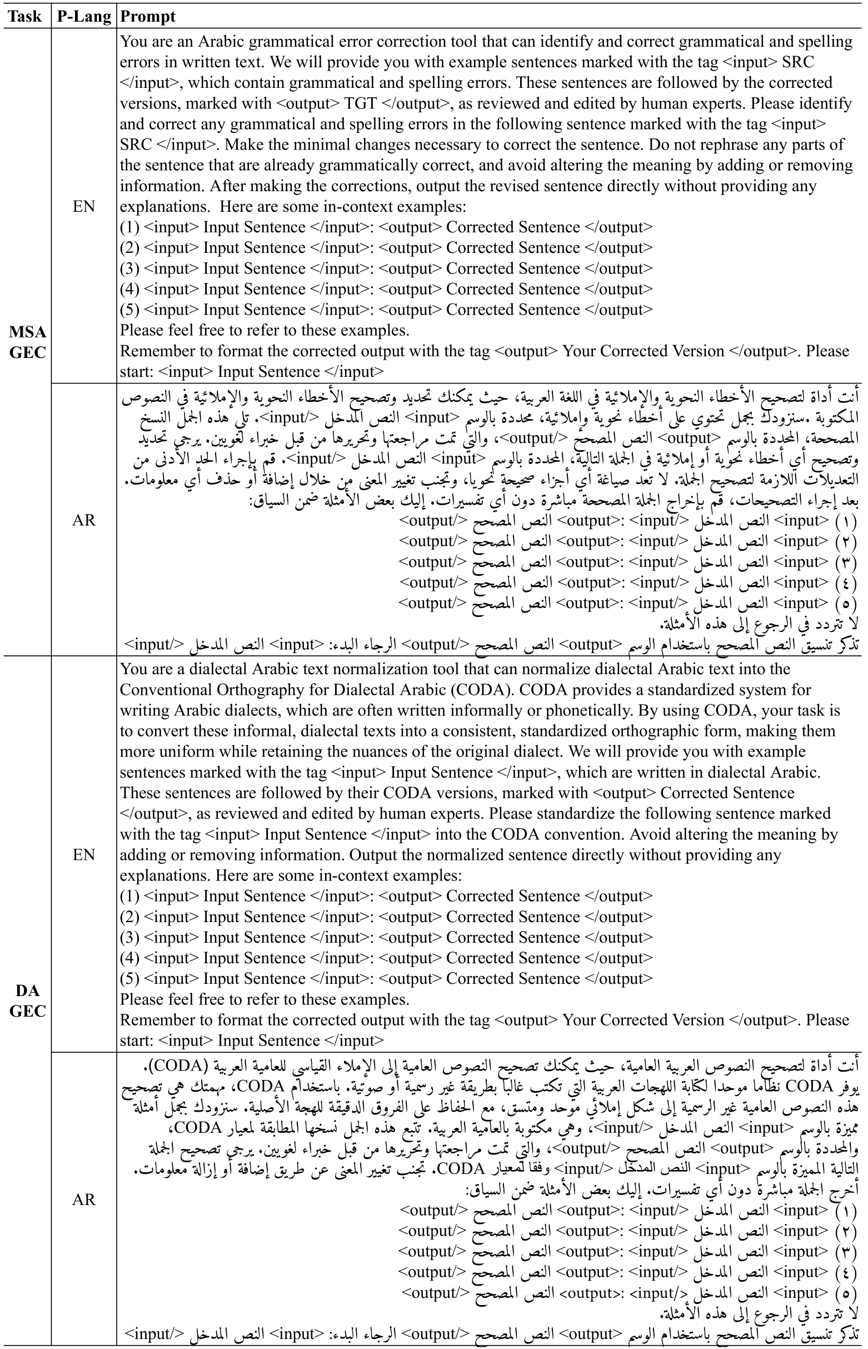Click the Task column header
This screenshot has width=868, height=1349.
click(x=26, y=16)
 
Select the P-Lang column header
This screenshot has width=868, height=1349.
click(x=84, y=16)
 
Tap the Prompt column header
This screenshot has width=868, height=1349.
click(x=148, y=16)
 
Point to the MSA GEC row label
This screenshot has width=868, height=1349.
click(x=27, y=342)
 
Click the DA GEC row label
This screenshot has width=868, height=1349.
click(x=27, y=1000)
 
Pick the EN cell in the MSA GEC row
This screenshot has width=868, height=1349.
click(x=84, y=206)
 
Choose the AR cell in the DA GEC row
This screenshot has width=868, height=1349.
click(x=84, y=1199)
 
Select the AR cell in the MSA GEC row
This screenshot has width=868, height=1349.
click(x=84, y=520)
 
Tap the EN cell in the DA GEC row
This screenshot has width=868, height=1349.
click(x=84, y=855)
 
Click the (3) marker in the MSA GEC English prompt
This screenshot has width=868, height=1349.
click(x=129, y=269)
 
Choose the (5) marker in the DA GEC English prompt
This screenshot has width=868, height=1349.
click(x=129, y=979)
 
